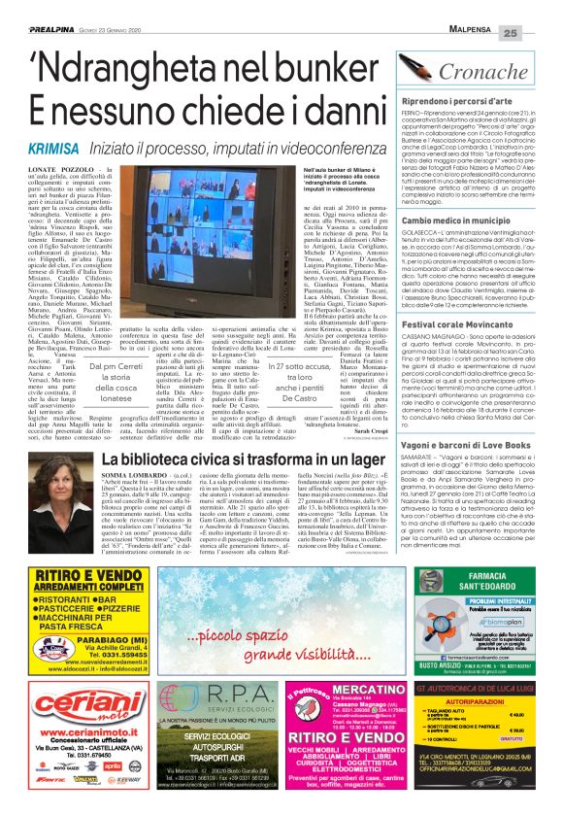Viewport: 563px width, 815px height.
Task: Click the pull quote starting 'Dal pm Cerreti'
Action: point(103,400)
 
